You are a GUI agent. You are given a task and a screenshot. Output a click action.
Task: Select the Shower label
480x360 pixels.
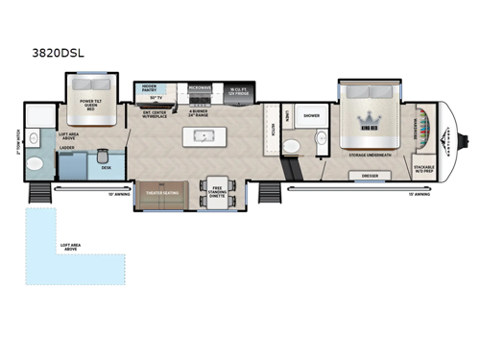coord(311,115)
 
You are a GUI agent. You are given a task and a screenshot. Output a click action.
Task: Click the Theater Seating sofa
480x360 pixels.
coord(162,190)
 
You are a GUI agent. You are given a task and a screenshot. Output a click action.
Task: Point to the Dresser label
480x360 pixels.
coord(370,177)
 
